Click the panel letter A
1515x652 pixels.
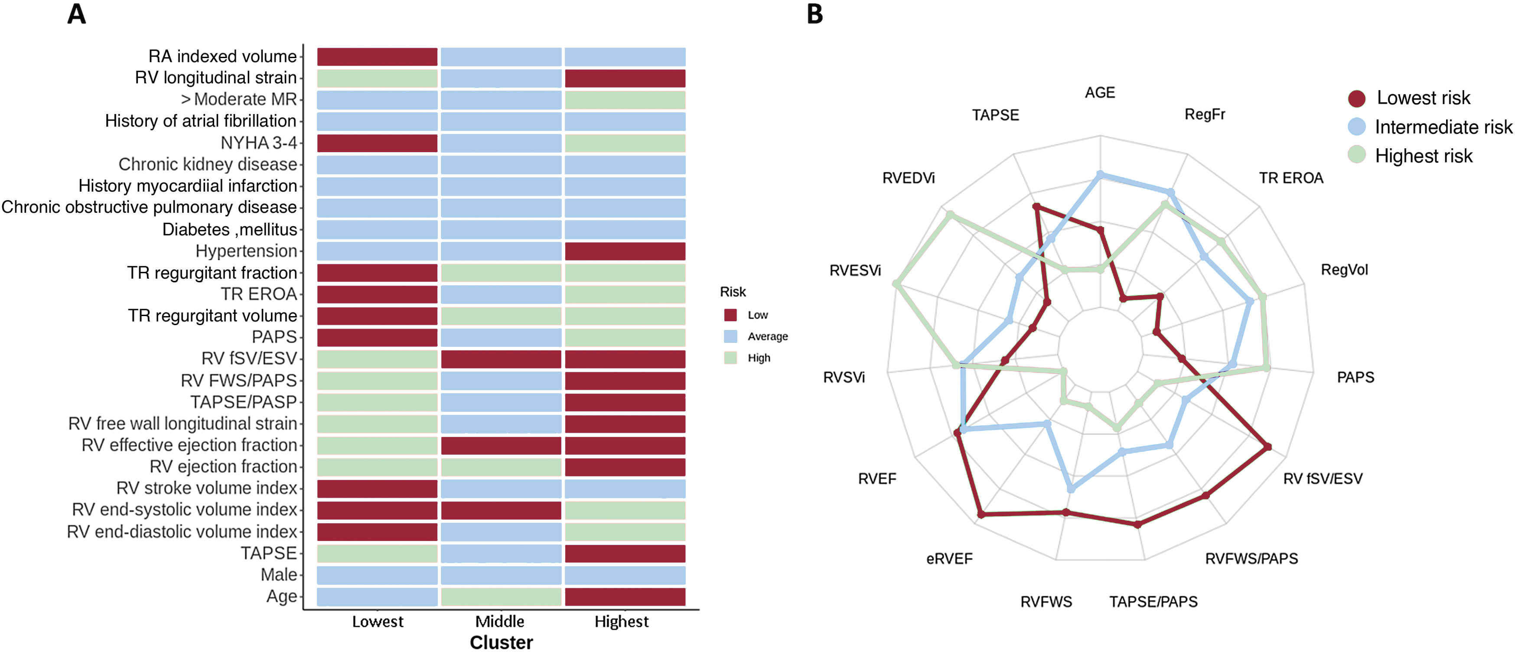[x=76, y=14]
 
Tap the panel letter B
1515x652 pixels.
[x=815, y=14]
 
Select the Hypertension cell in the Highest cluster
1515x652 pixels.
[x=625, y=251]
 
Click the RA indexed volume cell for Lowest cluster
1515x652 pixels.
[x=377, y=56]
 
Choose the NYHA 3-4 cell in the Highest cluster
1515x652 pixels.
[x=625, y=143]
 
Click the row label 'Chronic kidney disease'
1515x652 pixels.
[x=208, y=164]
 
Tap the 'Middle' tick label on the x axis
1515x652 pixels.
[x=500, y=621]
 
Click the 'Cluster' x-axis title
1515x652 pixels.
[x=501, y=642]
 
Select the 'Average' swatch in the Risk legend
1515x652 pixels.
[x=730, y=336]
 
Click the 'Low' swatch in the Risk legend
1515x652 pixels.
[x=730, y=315]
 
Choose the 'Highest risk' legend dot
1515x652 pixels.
[x=1356, y=155]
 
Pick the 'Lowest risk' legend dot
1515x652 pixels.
[x=1356, y=98]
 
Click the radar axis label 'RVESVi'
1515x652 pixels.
[x=855, y=271]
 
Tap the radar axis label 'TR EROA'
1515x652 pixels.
[x=1291, y=178]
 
